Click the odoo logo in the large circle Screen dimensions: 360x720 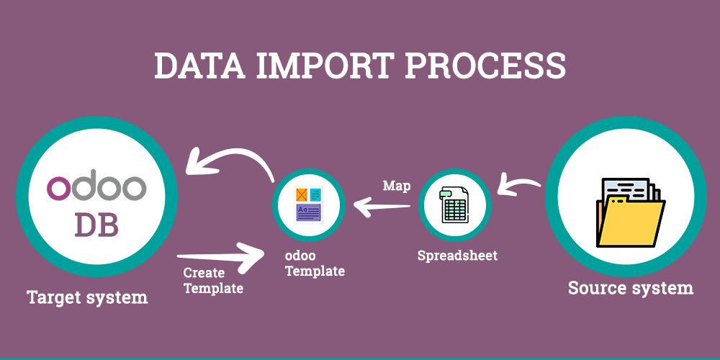(x=96, y=187)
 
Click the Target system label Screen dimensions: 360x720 (x=87, y=297)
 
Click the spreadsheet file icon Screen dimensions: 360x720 (x=454, y=205)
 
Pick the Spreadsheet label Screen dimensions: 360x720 (x=457, y=256)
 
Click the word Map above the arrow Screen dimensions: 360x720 (x=397, y=186)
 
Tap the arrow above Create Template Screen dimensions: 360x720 (x=220, y=256)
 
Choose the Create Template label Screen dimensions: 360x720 (x=213, y=281)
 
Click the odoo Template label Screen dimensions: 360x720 (x=315, y=264)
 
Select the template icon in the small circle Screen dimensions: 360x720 (x=309, y=204)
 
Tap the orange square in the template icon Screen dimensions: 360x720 (x=301, y=194)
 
